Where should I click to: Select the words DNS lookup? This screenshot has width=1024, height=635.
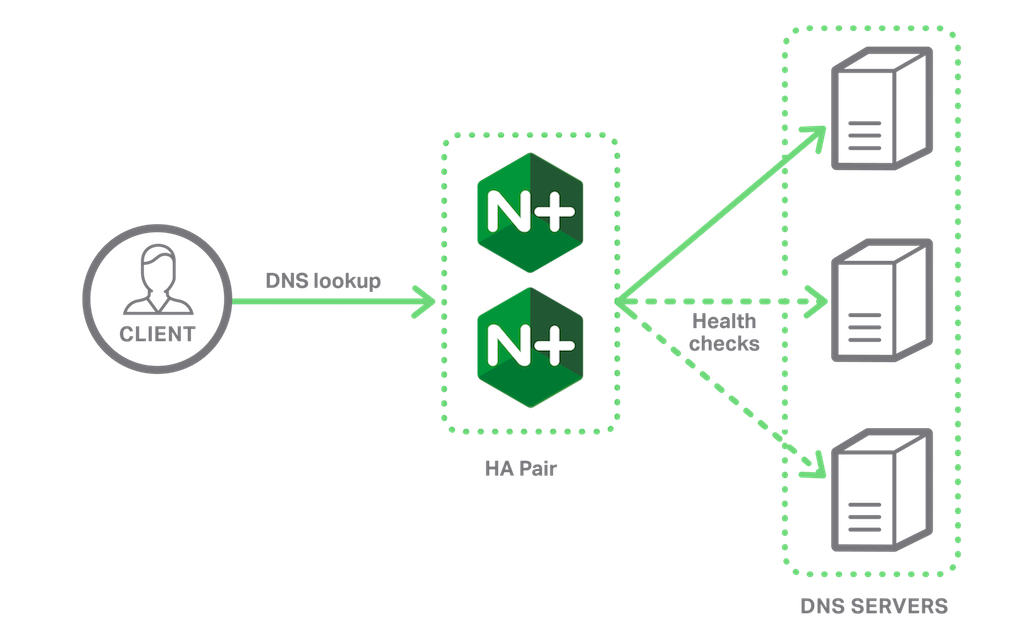323,281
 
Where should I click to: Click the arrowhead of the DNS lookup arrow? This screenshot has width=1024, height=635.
427,300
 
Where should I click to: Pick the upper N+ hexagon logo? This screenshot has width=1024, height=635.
530,214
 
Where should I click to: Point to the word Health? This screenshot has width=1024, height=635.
724,322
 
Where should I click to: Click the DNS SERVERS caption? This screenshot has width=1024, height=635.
874,606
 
